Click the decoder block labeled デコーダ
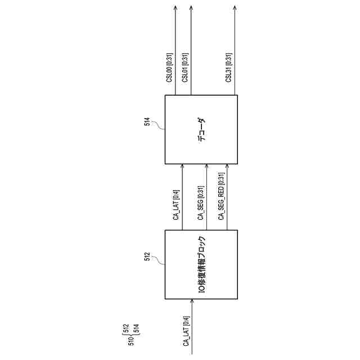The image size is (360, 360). click(x=201, y=129)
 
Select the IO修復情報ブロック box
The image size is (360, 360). click(x=201, y=264)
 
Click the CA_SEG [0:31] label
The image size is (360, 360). click(x=200, y=199)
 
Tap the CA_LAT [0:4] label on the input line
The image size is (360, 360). click(x=186, y=332)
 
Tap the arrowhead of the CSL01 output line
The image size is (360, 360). click(x=191, y=8)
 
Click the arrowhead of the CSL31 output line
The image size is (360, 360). click(x=235, y=8)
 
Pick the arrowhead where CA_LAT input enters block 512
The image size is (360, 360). click(x=193, y=301)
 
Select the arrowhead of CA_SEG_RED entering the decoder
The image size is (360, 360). click(x=227, y=167)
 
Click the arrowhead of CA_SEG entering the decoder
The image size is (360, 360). click(x=206, y=167)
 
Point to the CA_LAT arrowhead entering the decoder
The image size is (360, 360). click(x=182, y=167)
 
